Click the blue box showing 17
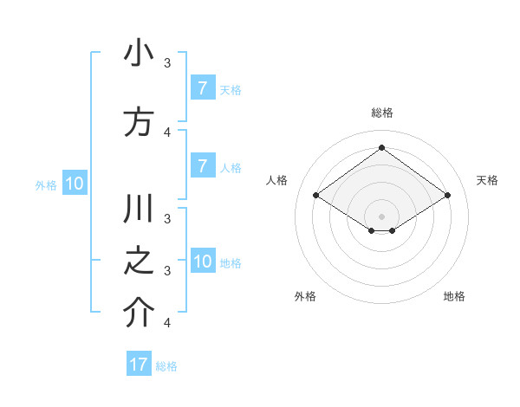[139, 365]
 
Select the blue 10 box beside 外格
[75, 184]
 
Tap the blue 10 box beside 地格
[203, 262]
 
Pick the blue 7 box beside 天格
[202, 88]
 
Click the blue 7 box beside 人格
[202, 166]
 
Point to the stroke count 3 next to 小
[167, 62]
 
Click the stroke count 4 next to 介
[167, 323]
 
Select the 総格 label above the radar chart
[381, 113]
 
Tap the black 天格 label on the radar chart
[487, 180]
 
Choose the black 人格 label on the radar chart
[276, 180]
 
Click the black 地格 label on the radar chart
[454, 296]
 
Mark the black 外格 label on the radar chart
[305, 296]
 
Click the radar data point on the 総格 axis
[381, 148]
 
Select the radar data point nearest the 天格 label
[447, 195]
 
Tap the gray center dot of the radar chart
[381, 216]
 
